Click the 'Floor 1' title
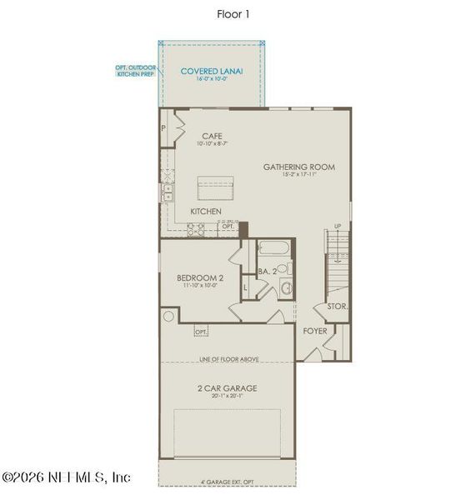tap(233, 13)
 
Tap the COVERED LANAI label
tap(212, 71)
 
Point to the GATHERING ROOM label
tap(299, 167)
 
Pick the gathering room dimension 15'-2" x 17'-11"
tap(299, 176)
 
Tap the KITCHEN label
tap(206, 212)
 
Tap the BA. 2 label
tap(267, 271)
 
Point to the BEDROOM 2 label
tap(198, 277)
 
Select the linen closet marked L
tap(247, 288)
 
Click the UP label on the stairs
tap(337, 227)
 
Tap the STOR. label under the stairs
tap(338, 306)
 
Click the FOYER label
tap(315, 330)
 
